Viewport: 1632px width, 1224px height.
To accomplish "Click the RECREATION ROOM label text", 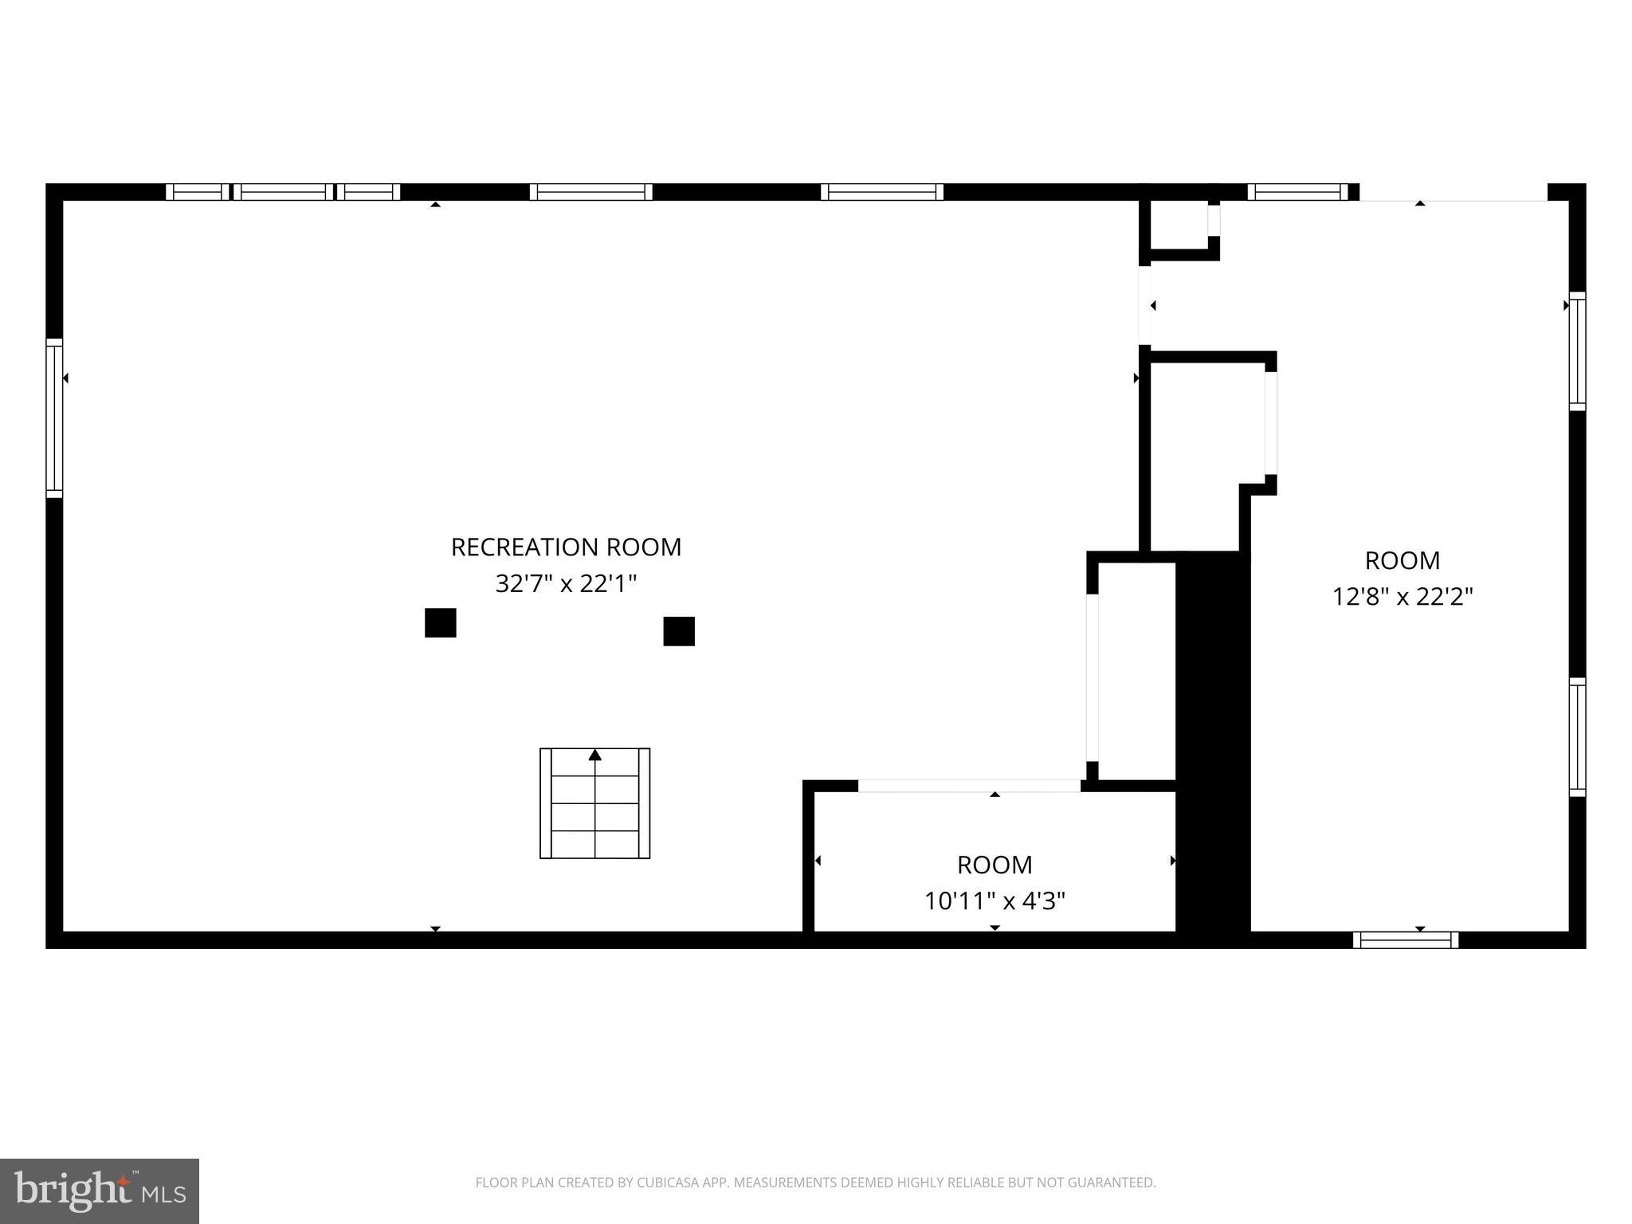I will click(x=566, y=547).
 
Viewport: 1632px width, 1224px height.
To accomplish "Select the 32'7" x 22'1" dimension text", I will click(x=566, y=584).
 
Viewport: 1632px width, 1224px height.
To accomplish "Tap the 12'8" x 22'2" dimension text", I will click(x=1402, y=597).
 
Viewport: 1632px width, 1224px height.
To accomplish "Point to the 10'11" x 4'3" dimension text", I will click(x=994, y=901).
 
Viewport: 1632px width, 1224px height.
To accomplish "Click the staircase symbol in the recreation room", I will click(x=594, y=803).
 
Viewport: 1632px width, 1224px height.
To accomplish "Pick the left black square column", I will click(x=440, y=622).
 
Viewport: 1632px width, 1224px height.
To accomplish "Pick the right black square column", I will click(x=679, y=631).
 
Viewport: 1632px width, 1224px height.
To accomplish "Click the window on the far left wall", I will click(x=54, y=418).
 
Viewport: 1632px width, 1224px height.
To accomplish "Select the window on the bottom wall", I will click(x=1406, y=940).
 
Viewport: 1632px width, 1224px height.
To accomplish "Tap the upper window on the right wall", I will click(x=1577, y=351).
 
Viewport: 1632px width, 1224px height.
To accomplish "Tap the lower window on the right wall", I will click(x=1577, y=737).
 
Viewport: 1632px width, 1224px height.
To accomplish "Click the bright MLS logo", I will click(x=100, y=1191).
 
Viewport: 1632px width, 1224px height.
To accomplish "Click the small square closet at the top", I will click(x=1179, y=226).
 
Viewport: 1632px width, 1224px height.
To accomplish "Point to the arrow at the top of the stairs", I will click(x=594, y=755).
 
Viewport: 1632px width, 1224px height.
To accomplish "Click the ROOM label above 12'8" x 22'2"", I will click(x=1402, y=560).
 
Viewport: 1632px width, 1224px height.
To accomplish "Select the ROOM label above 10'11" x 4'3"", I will click(x=994, y=865).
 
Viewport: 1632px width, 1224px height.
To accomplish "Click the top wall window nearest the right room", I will click(x=1297, y=192).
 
